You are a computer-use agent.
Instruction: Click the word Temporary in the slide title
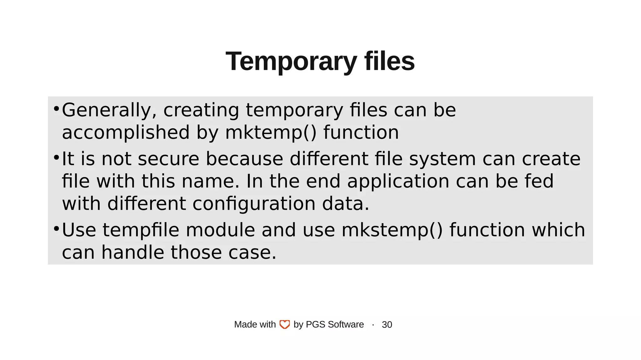pyautogui.click(x=291, y=62)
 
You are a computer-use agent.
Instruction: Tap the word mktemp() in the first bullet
pyautogui.click(x=271, y=132)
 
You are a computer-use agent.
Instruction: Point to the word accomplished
pyautogui.click(x=126, y=132)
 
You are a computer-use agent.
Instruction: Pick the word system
pyautogui.click(x=442, y=159)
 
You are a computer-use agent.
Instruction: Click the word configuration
pyautogui.click(x=254, y=204)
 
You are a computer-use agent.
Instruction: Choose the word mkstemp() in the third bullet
pyautogui.click(x=392, y=230)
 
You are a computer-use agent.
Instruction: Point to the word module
pyautogui.click(x=220, y=230)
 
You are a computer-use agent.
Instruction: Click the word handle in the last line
pyautogui.click(x=133, y=252)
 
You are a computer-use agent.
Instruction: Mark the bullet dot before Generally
pyautogui.click(x=56, y=109)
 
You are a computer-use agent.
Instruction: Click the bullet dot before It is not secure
pyautogui.click(x=56, y=157)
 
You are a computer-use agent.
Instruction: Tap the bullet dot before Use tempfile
pyautogui.click(x=56, y=229)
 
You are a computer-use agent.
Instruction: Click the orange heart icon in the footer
pyautogui.click(x=285, y=325)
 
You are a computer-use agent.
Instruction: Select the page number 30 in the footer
pyautogui.click(x=387, y=325)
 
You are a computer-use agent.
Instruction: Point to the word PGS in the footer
pyautogui.click(x=315, y=325)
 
